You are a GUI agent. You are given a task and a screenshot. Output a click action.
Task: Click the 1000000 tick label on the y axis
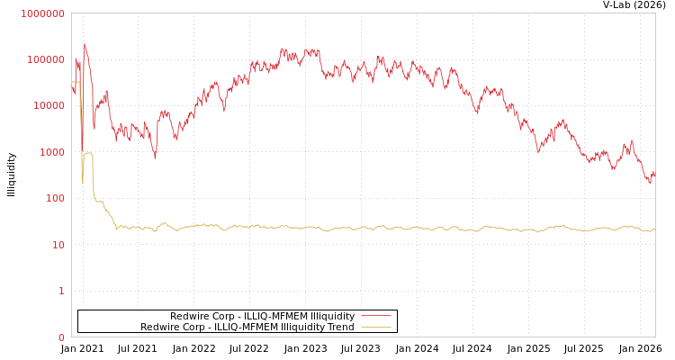(42, 13)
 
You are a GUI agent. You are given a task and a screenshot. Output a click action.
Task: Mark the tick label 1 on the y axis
(61, 291)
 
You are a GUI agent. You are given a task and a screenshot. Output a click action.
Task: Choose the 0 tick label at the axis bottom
(61, 337)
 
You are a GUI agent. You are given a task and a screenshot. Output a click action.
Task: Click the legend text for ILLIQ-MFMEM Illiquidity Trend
(247, 328)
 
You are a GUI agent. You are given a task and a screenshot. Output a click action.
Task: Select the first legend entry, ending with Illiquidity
(262, 317)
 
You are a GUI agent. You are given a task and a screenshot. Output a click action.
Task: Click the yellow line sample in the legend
(375, 328)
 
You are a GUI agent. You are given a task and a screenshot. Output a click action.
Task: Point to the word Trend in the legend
(341, 328)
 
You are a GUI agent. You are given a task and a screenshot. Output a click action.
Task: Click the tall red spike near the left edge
(85, 45)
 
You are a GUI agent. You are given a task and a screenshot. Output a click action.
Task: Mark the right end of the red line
(654, 175)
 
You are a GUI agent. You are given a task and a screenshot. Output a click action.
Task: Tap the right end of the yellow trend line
(654, 229)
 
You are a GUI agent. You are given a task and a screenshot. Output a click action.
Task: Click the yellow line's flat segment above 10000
(76, 82)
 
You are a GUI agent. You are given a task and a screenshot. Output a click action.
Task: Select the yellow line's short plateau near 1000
(88, 153)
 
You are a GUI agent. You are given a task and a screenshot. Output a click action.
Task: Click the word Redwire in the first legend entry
(189, 317)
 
